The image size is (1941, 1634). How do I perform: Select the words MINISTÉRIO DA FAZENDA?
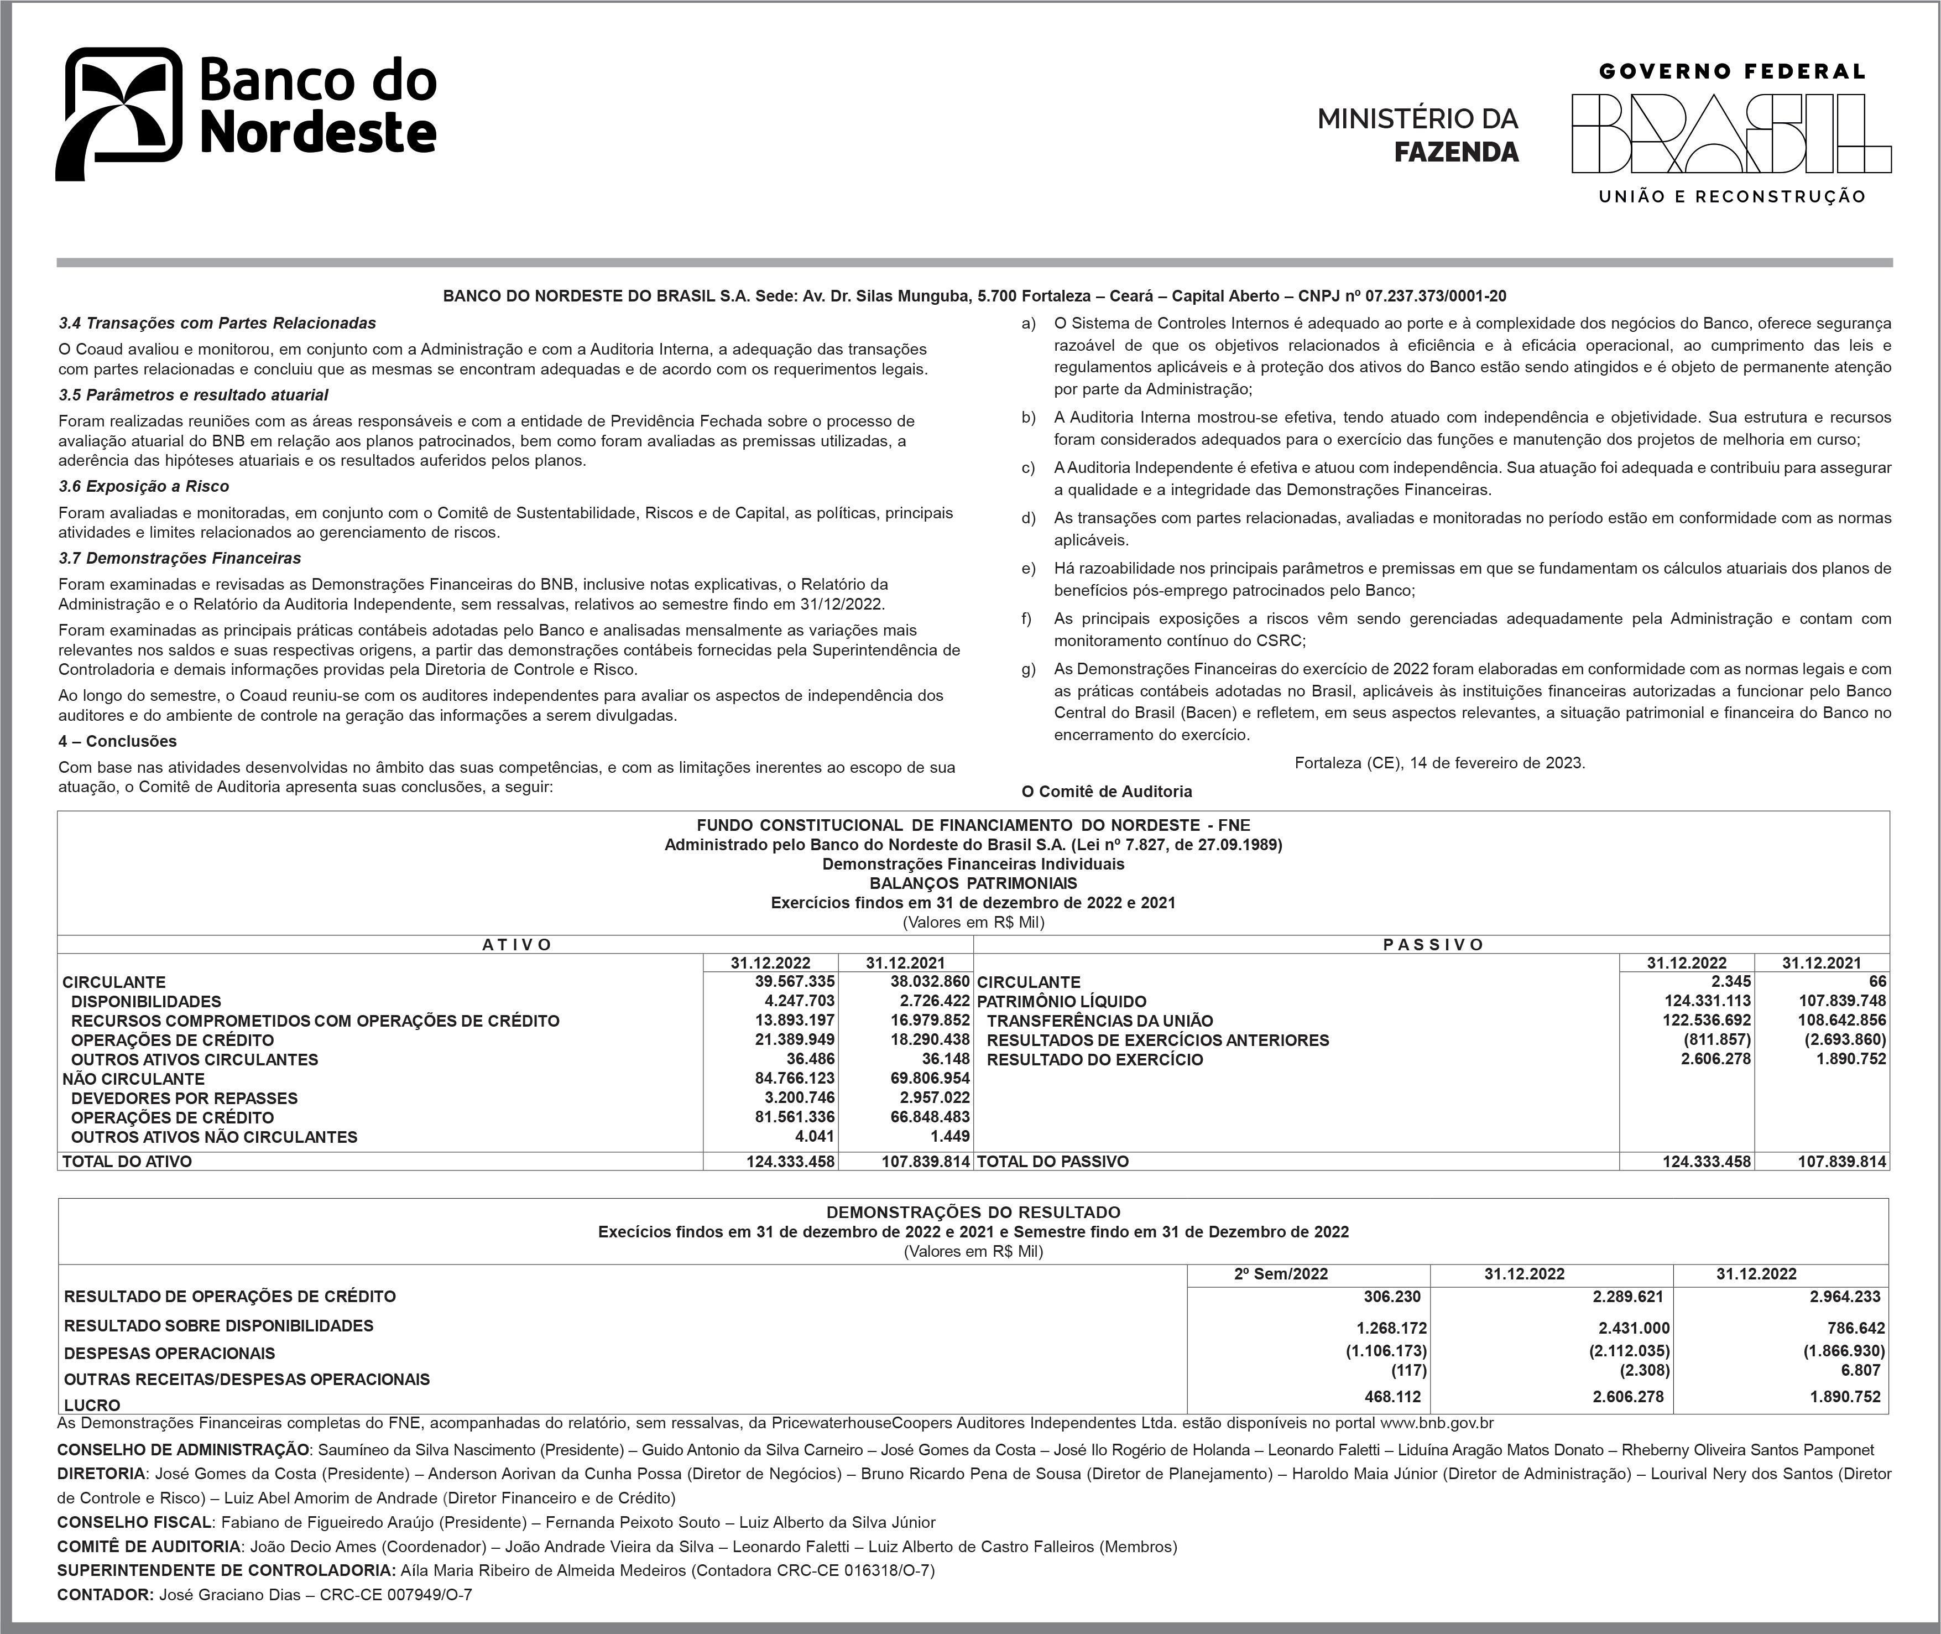(x=1418, y=135)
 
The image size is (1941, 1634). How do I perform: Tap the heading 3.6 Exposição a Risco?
(x=144, y=486)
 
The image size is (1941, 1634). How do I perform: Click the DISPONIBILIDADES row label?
(x=147, y=1001)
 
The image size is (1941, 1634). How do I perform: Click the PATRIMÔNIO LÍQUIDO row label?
(x=1061, y=1001)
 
